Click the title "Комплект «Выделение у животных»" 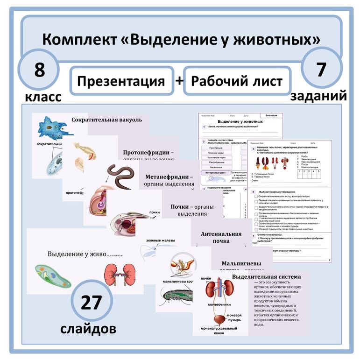181,39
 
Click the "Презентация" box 121,81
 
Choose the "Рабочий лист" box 237,81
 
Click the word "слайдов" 88,328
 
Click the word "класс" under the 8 43,97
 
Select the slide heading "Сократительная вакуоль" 106,120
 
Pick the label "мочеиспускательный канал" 219,331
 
